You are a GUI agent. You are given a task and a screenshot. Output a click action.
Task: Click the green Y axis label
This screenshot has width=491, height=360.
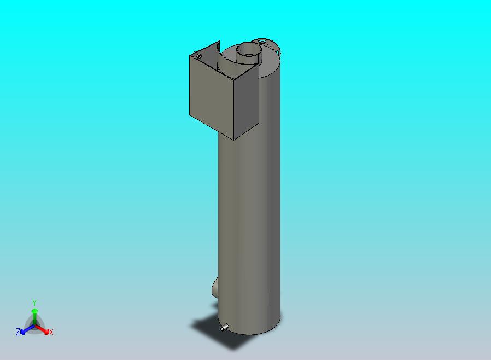[34, 303]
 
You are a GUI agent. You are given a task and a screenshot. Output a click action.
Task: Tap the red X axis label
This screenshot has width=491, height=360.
[51, 332]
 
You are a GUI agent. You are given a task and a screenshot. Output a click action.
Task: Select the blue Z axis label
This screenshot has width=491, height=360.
[18, 332]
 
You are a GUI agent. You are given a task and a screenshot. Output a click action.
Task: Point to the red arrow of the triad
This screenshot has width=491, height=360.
[42, 329]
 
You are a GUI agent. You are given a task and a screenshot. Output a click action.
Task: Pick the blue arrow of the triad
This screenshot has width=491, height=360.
[27, 329]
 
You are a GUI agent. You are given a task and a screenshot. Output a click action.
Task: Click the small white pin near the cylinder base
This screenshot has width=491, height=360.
[224, 327]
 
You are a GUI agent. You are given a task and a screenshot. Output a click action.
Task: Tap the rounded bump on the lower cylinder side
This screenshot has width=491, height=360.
[215, 287]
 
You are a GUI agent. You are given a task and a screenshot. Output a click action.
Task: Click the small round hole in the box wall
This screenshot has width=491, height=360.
[199, 56]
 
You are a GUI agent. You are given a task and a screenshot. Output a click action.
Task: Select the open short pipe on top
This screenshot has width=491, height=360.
[248, 53]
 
